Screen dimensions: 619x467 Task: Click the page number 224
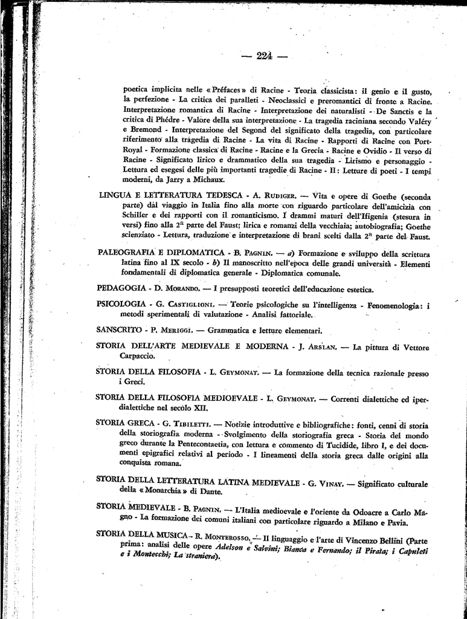(263, 56)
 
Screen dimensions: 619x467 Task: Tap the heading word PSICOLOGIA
(121, 303)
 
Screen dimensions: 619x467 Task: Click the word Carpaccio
(137, 356)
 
